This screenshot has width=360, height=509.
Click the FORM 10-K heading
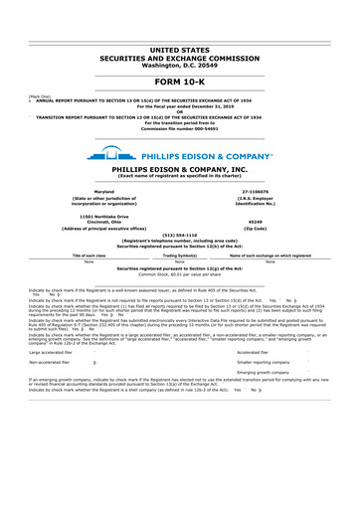point(179,82)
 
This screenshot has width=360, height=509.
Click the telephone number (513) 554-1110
point(179,235)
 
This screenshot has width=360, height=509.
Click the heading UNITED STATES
point(179,49)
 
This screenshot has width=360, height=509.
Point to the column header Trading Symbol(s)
point(180,255)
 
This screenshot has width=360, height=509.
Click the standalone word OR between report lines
point(179,111)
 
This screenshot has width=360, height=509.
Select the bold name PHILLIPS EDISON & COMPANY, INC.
point(179,170)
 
